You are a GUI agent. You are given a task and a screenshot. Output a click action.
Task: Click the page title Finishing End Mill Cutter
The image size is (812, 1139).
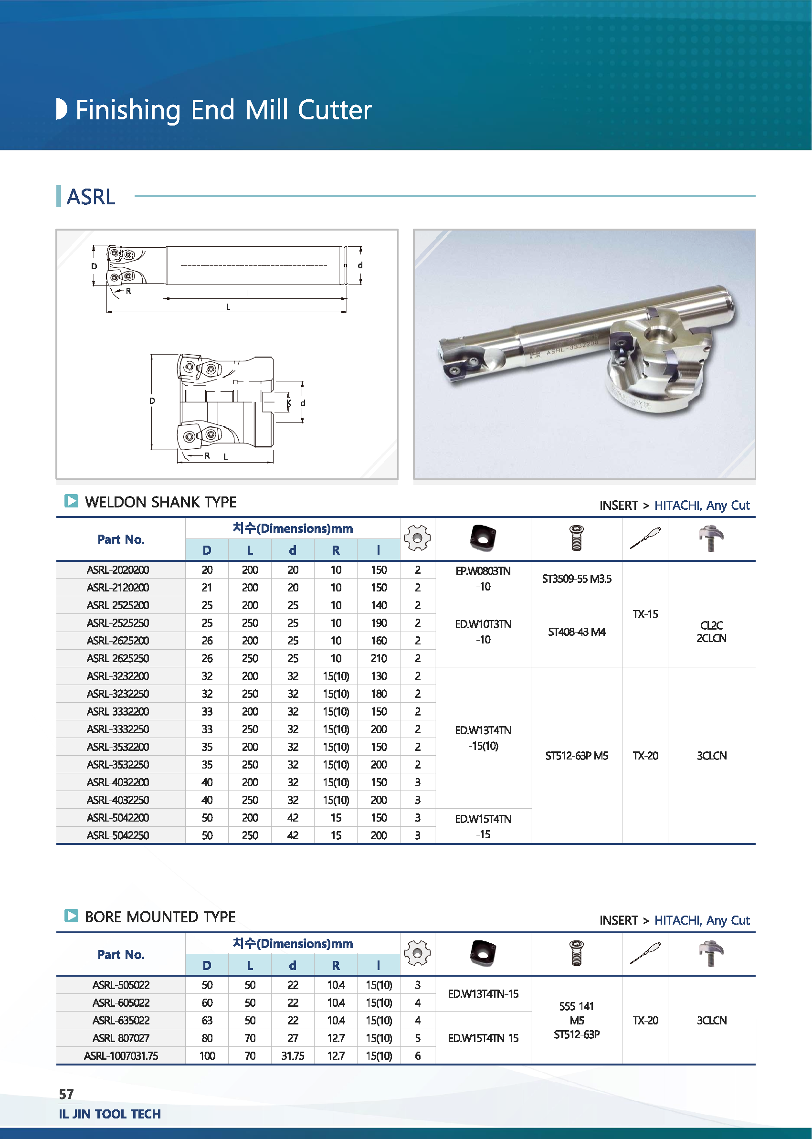[x=223, y=110]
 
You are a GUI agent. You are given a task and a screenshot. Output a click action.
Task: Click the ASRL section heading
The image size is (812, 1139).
[x=91, y=197]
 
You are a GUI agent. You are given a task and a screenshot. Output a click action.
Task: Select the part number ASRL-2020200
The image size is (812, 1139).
[x=118, y=570]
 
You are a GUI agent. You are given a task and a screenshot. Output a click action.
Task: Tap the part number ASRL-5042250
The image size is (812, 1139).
[x=118, y=835]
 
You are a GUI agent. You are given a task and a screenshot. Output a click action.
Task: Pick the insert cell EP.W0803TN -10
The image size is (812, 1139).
[x=483, y=579]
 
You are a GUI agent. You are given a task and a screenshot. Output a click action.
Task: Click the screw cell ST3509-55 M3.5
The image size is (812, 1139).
[x=577, y=579]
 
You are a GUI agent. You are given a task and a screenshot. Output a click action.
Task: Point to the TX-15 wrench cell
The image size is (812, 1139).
[x=645, y=614]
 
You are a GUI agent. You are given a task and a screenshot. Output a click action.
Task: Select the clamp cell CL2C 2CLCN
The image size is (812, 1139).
[x=711, y=632]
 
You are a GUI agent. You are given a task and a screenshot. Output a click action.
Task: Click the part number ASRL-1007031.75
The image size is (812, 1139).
[x=121, y=1056]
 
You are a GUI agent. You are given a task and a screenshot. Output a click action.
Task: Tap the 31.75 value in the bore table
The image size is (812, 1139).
[x=293, y=1056]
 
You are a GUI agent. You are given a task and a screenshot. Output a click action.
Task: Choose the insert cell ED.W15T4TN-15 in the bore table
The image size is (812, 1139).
[x=483, y=1038]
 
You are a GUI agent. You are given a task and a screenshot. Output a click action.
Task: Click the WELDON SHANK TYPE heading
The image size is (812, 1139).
[x=160, y=502]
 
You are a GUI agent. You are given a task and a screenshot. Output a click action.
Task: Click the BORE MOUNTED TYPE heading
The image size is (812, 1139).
[x=160, y=917]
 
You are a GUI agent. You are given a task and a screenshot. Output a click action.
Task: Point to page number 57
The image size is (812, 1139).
[x=66, y=1095]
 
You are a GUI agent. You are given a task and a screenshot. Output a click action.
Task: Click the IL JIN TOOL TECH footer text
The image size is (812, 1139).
[x=110, y=1114]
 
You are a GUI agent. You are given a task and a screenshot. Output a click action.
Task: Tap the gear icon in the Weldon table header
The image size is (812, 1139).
[x=417, y=538]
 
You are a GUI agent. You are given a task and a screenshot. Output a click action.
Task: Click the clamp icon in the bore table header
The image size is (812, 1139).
[x=711, y=953]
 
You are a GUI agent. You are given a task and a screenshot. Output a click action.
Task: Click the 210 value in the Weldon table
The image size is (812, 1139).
[x=379, y=658]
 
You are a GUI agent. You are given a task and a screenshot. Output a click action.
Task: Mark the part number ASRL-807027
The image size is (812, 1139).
[x=121, y=1038]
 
